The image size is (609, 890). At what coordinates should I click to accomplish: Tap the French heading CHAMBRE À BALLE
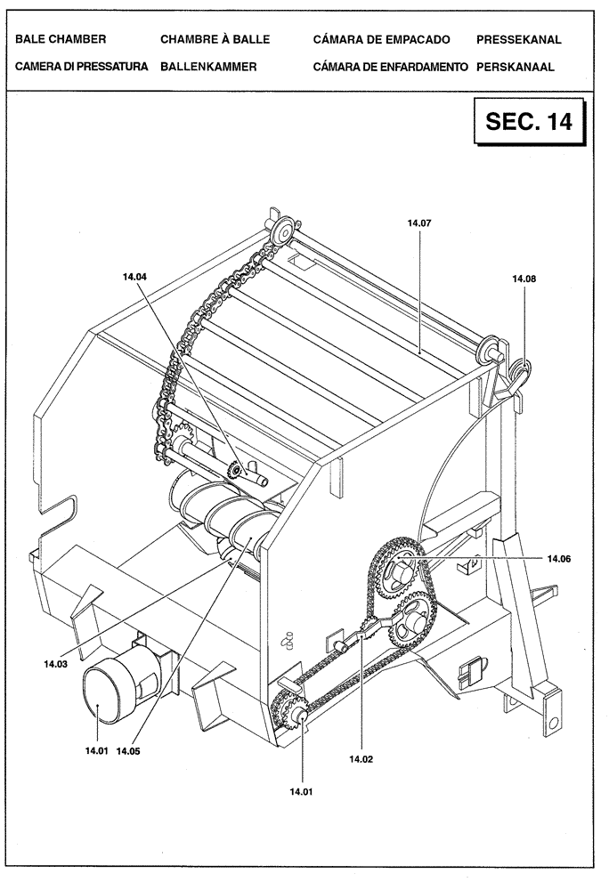click(x=215, y=40)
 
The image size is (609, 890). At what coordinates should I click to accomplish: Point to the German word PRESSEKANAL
click(x=519, y=40)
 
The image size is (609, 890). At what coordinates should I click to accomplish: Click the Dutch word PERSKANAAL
click(x=516, y=67)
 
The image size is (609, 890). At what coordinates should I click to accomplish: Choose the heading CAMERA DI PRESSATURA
click(x=81, y=67)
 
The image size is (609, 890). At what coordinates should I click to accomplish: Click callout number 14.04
click(x=135, y=277)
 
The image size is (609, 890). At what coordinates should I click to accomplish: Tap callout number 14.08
click(x=524, y=279)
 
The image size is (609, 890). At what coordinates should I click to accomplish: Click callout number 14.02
click(x=361, y=759)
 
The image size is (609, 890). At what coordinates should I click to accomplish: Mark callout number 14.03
click(x=54, y=662)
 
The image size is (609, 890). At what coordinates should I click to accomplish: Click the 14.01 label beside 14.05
click(x=96, y=750)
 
